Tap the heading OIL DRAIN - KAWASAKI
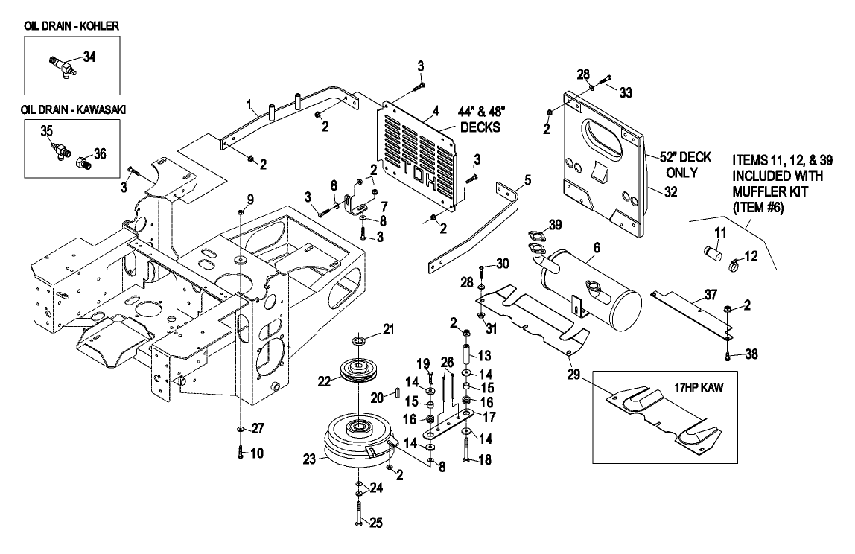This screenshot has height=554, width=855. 73,109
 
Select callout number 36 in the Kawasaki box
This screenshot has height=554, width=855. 101,153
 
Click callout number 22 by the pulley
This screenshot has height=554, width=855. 322,381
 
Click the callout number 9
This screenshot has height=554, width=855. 250,199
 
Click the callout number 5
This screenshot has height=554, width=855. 528,179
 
